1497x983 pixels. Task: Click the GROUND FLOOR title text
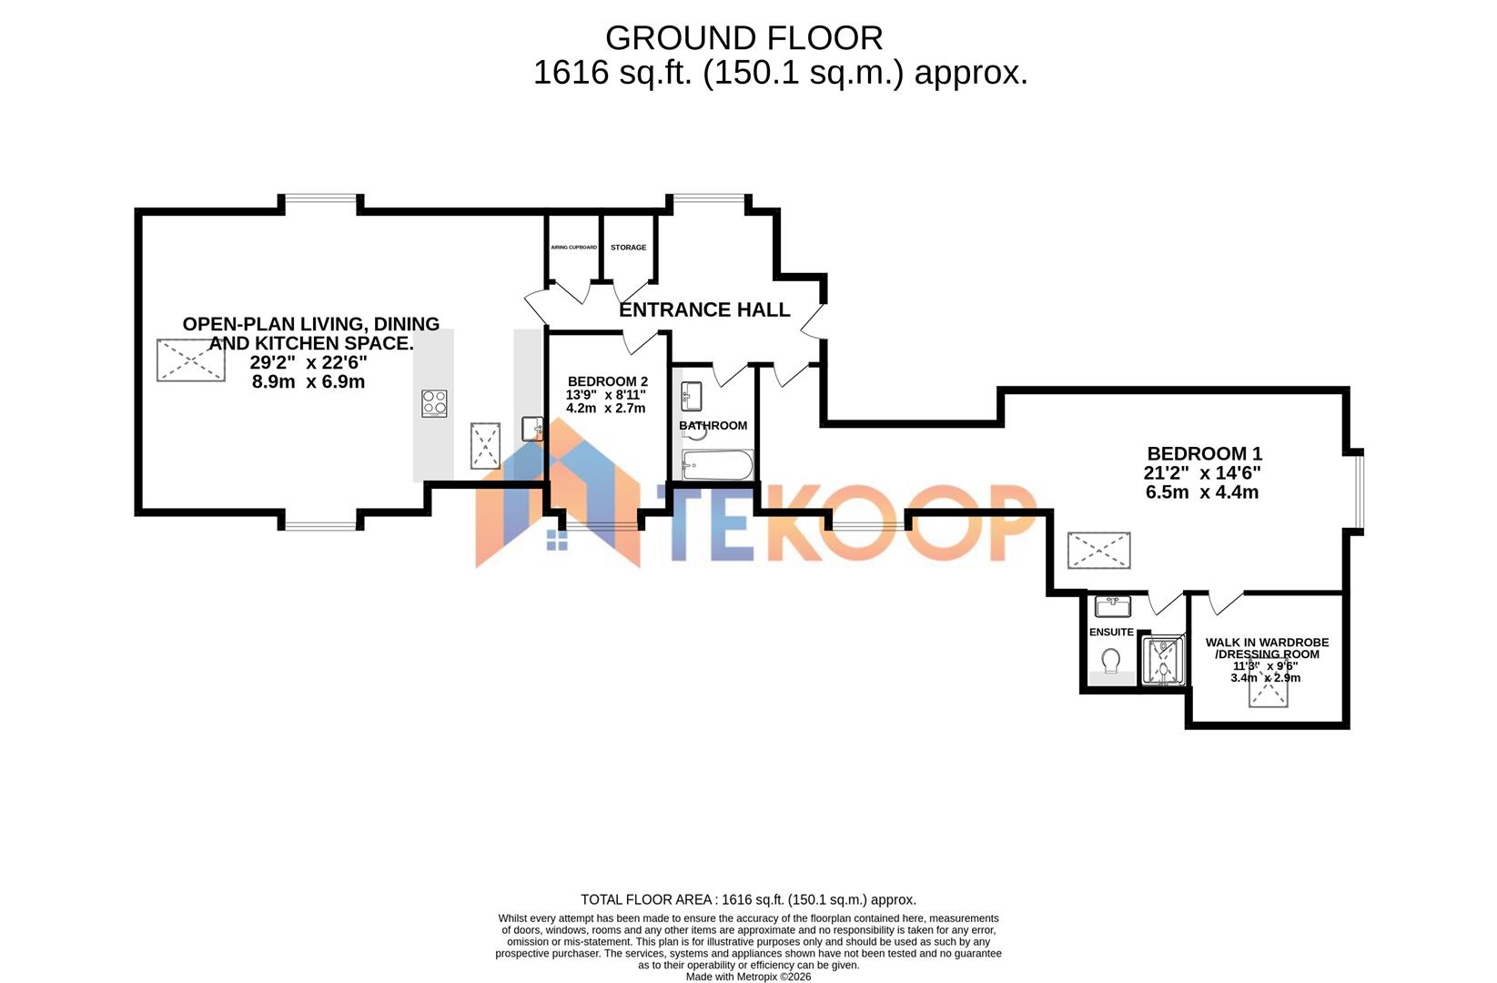click(743, 38)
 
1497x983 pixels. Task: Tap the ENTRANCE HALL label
click(704, 310)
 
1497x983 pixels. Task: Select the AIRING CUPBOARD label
click(573, 248)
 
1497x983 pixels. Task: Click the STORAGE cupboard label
click(628, 248)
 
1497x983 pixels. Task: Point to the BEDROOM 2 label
click(607, 381)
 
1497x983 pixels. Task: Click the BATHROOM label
click(713, 425)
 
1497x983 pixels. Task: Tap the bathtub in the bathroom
click(717, 465)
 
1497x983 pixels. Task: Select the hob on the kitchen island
click(434, 403)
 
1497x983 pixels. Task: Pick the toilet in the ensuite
click(1111, 658)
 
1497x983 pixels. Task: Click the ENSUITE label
click(1111, 632)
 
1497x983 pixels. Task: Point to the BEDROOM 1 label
click(1204, 453)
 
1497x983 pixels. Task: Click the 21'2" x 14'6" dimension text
click(1202, 473)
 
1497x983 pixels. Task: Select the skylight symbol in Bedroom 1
click(1098, 551)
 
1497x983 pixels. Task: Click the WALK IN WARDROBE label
click(1267, 643)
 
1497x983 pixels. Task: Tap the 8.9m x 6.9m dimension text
click(309, 382)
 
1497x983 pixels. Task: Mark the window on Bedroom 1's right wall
click(1356, 490)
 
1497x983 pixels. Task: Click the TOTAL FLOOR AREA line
click(748, 900)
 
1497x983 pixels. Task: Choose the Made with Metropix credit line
click(748, 977)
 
